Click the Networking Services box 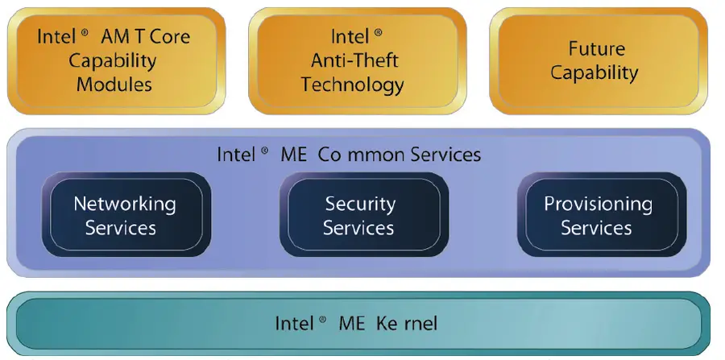tap(125, 215)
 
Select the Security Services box tap(359, 215)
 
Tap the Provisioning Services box tap(597, 215)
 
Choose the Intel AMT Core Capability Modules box tap(114, 60)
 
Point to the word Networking tap(125, 203)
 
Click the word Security tap(360, 204)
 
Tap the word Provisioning tap(598, 204)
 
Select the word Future tap(595, 48)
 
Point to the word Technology tap(353, 84)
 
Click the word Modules tap(114, 84)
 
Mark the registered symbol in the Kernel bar tap(322, 319)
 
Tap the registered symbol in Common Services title tap(264, 150)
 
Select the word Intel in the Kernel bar tap(294, 324)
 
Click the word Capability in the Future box tap(594, 72)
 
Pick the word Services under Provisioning tap(596, 228)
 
